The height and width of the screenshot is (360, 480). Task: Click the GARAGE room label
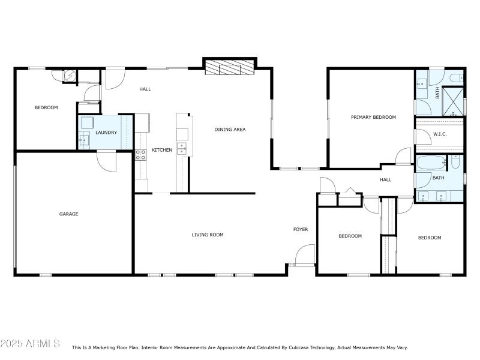(68, 214)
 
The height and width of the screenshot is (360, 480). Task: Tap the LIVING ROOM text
(208, 235)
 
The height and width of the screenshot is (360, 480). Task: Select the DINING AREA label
(230, 129)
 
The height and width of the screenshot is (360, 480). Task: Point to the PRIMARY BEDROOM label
(373, 117)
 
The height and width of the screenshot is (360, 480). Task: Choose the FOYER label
(300, 229)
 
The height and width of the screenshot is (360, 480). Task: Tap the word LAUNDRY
(106, 133)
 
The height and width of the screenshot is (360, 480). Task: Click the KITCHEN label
(161, 149)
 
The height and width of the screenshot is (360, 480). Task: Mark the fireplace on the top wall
(230, 68)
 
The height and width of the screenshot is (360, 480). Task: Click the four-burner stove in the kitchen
(141, 154)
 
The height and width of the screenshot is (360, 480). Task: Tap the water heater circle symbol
(70, 76)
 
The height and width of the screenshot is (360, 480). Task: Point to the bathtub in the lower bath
(431, 162)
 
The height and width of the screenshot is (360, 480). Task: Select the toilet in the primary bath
(454, 77)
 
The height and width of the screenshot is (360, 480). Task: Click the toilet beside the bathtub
(455, 162)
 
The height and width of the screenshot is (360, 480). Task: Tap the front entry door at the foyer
(304, 255)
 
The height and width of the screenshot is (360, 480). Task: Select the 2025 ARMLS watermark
(30, 344)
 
